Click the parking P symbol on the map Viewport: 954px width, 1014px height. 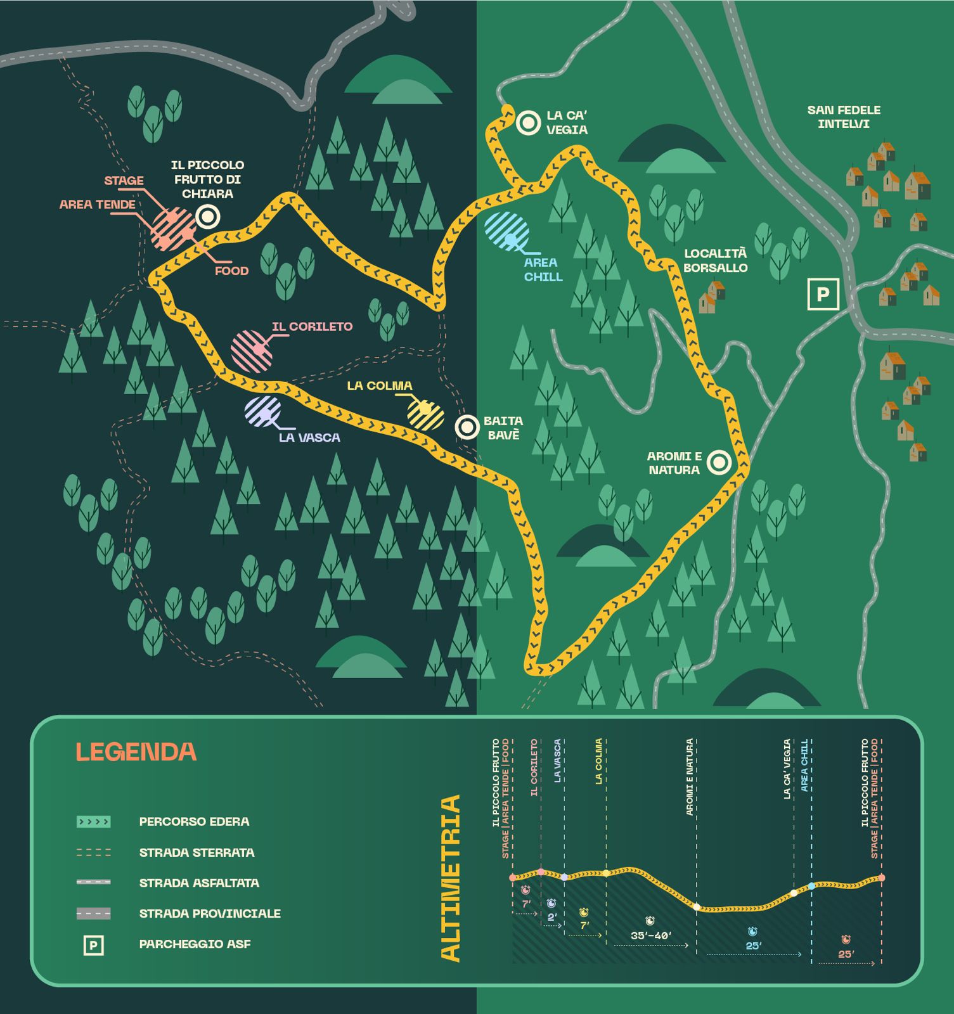(823, 294)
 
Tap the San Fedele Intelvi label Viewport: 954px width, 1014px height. (843, 117)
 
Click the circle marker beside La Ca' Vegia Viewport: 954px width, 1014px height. (527, 122)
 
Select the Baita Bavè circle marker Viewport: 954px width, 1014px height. (468, 427)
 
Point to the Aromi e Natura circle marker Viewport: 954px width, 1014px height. (719, 463)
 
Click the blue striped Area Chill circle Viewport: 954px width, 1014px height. (506, 231)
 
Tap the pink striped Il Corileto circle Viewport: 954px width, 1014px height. (252, 350)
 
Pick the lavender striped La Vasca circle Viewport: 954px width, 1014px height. (263, 411)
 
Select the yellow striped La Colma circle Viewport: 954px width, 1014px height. (425, 414)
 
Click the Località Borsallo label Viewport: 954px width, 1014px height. (715, 260)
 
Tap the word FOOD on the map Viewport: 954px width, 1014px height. (231, 271)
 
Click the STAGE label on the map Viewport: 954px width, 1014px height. (124, 181)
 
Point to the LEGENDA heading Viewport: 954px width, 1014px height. (136, 752)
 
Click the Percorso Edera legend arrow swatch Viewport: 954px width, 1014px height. (93, 822)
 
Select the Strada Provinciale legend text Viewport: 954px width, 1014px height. (210, 913)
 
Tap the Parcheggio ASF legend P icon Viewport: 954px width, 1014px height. (93, 946)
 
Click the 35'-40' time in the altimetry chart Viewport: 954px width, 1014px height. (651, 935)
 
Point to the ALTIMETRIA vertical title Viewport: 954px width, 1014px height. (450, 878)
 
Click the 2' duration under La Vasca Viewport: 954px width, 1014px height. (551, 916)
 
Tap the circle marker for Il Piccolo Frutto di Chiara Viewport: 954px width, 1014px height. (207, 217)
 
